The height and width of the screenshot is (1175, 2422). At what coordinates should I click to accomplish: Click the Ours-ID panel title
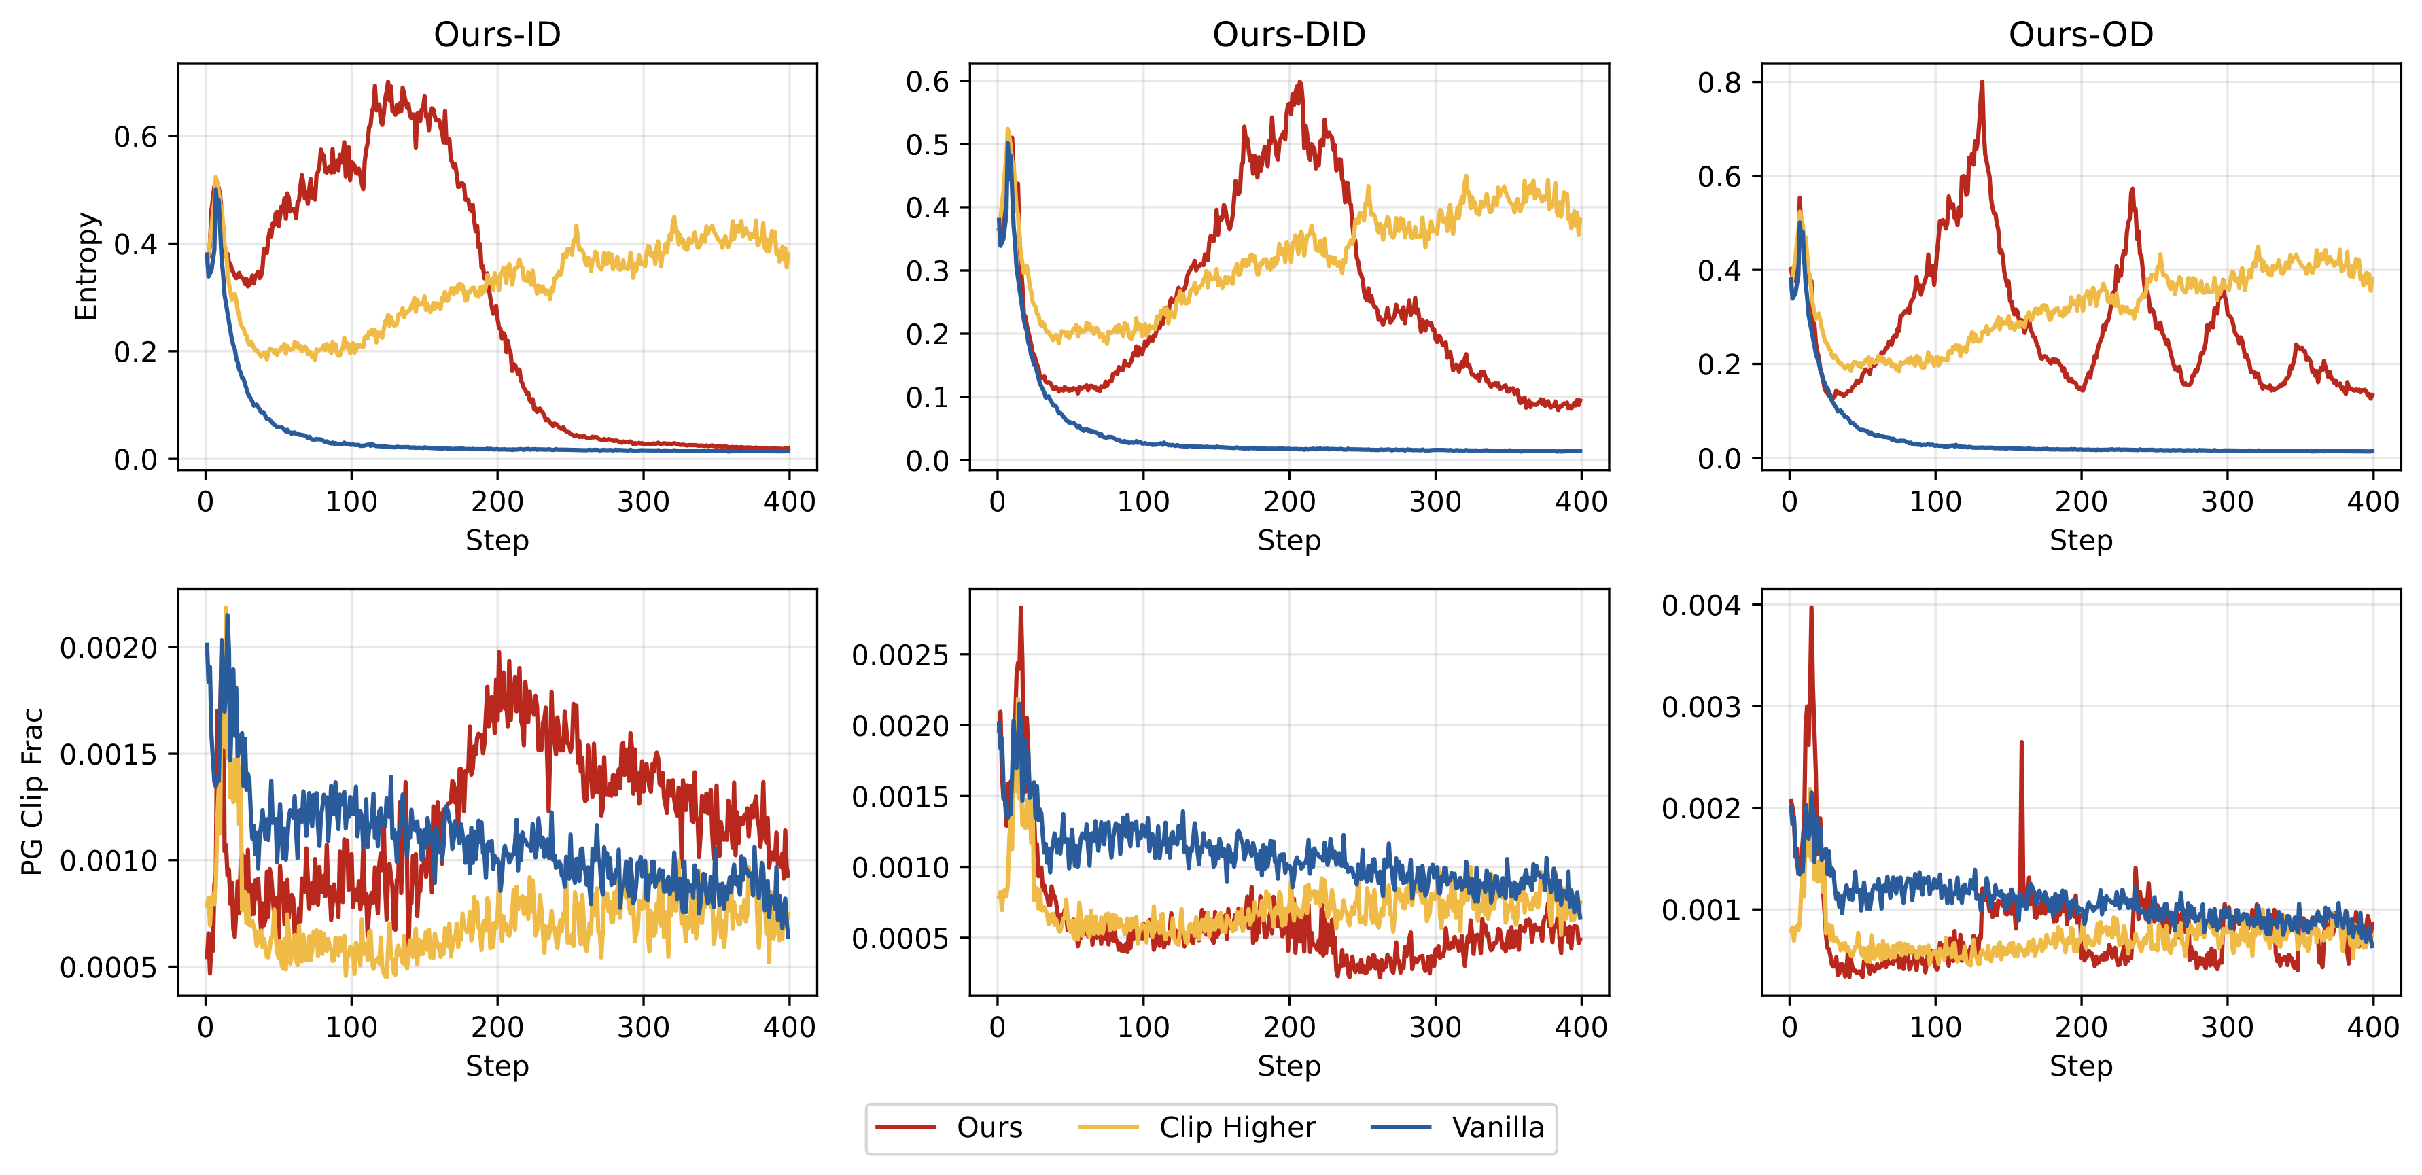coord(497,35)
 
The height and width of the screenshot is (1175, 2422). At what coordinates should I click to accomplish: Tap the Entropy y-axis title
coord(86,266)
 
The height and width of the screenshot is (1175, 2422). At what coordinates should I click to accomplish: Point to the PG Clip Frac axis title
coord(33,792)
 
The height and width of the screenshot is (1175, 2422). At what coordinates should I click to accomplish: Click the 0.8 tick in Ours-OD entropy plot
coord(1719,83)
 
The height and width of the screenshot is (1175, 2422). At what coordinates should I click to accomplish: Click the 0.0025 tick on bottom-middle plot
coord(900,655)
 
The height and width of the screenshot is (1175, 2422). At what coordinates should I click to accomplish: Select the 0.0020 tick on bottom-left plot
coord(108,648)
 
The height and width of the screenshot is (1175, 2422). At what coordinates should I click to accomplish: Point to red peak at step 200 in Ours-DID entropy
coord(1299,83)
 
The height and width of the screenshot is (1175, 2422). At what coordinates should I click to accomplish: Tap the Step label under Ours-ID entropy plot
coord(497,540)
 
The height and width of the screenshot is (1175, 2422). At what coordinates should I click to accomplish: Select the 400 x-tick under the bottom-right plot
coord(2372,1026)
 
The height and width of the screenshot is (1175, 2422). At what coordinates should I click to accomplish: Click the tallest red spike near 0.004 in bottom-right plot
coord(1811,608)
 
